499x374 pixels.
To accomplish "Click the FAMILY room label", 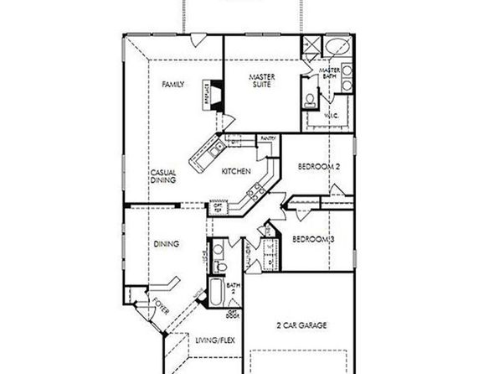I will (174, 85).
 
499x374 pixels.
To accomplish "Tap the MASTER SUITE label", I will (262, 82).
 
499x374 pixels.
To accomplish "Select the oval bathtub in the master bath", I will (337, 46).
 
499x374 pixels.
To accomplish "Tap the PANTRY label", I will (269, 138).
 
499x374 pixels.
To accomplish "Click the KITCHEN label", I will (236, 171).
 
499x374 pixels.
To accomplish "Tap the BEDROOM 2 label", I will (321, 168).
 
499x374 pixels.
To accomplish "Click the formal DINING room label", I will (166, 244).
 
